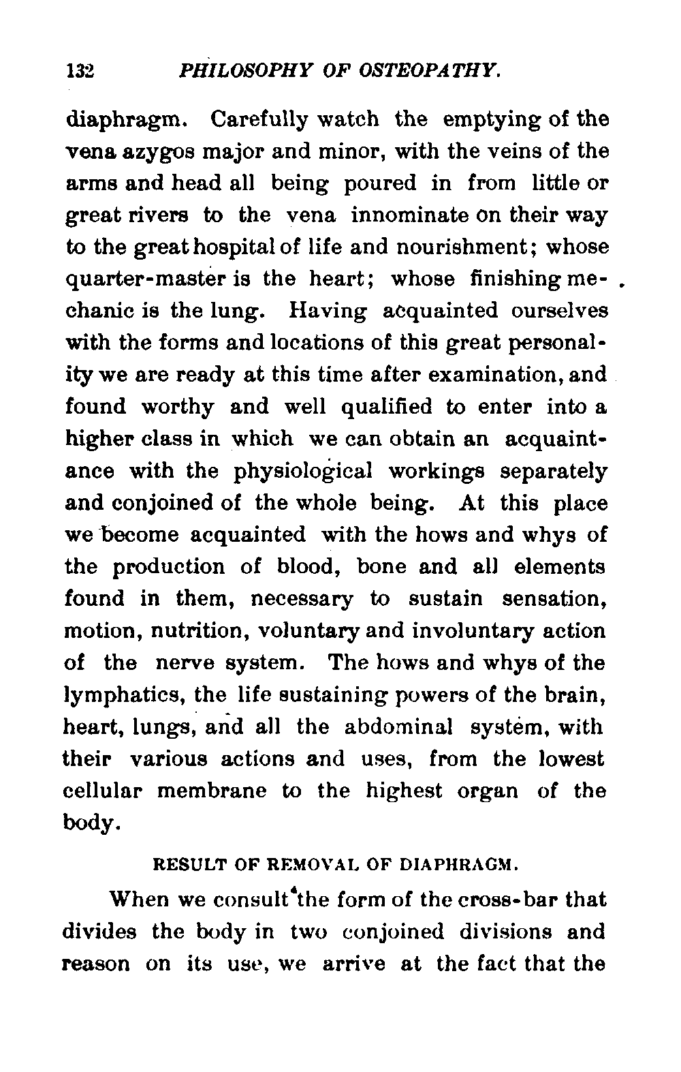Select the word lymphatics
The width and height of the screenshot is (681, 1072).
pyautogui.click(x=124, y=696)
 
